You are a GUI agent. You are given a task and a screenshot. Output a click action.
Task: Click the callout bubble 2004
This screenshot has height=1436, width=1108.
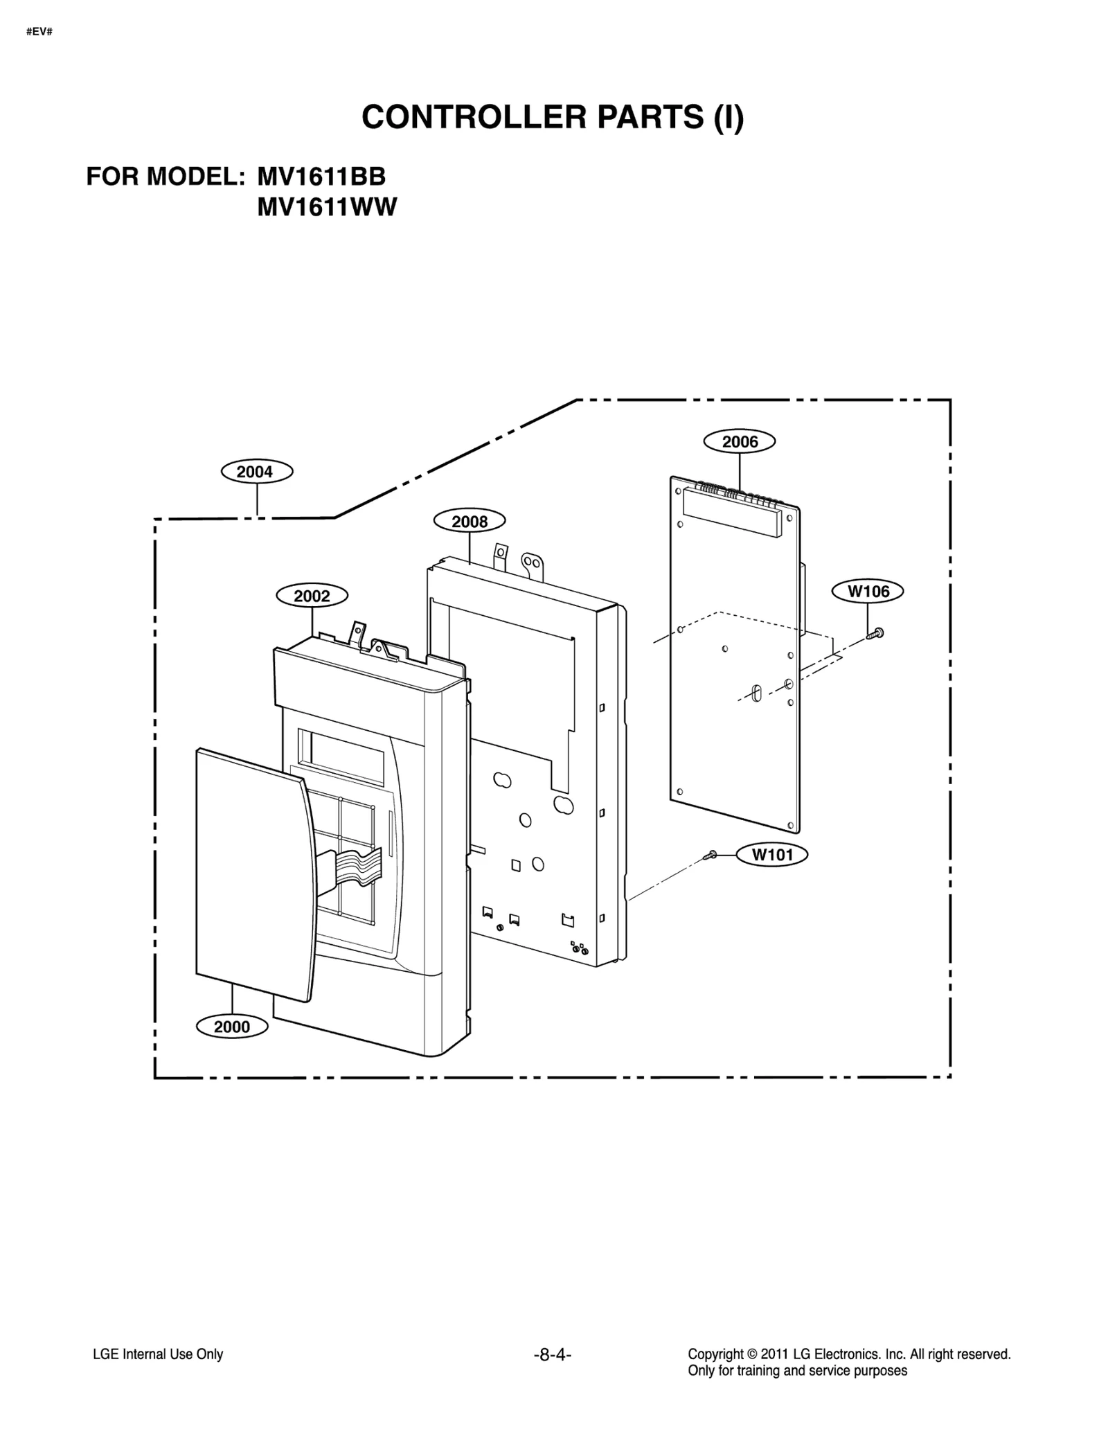coord(256,472)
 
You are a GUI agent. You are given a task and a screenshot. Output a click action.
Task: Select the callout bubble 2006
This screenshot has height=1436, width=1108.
coord(739,441)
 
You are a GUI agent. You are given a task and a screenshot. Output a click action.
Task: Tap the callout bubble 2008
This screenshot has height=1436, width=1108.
coord(469,521)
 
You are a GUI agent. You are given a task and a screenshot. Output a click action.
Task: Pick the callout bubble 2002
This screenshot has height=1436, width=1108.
coord(312,596)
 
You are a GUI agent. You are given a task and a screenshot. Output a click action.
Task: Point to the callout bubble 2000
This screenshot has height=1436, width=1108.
coord(232,1026)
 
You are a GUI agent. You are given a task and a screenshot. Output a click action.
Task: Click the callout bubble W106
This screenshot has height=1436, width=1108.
coord(868,591)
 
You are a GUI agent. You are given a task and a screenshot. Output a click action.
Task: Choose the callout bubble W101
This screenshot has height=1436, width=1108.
coord(772,854)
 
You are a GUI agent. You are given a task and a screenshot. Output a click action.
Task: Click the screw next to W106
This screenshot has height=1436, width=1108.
coord(875,632)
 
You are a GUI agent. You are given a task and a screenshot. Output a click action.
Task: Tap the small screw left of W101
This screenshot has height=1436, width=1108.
coord(710,856)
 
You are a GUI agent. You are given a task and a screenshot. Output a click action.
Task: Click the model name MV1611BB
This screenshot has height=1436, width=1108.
coord(321,177)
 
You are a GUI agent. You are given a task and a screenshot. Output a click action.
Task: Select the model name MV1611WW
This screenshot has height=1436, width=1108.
coord(327,207)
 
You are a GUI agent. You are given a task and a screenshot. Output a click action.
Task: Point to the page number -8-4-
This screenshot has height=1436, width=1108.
coord(552,1354)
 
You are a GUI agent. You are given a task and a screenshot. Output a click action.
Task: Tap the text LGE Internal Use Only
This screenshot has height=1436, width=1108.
coord(158,1354)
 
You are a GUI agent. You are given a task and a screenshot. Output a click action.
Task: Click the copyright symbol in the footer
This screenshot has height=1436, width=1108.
coord(750,1354)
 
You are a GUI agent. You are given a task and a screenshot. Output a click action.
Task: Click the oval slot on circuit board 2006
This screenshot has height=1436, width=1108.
coord(756,693)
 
